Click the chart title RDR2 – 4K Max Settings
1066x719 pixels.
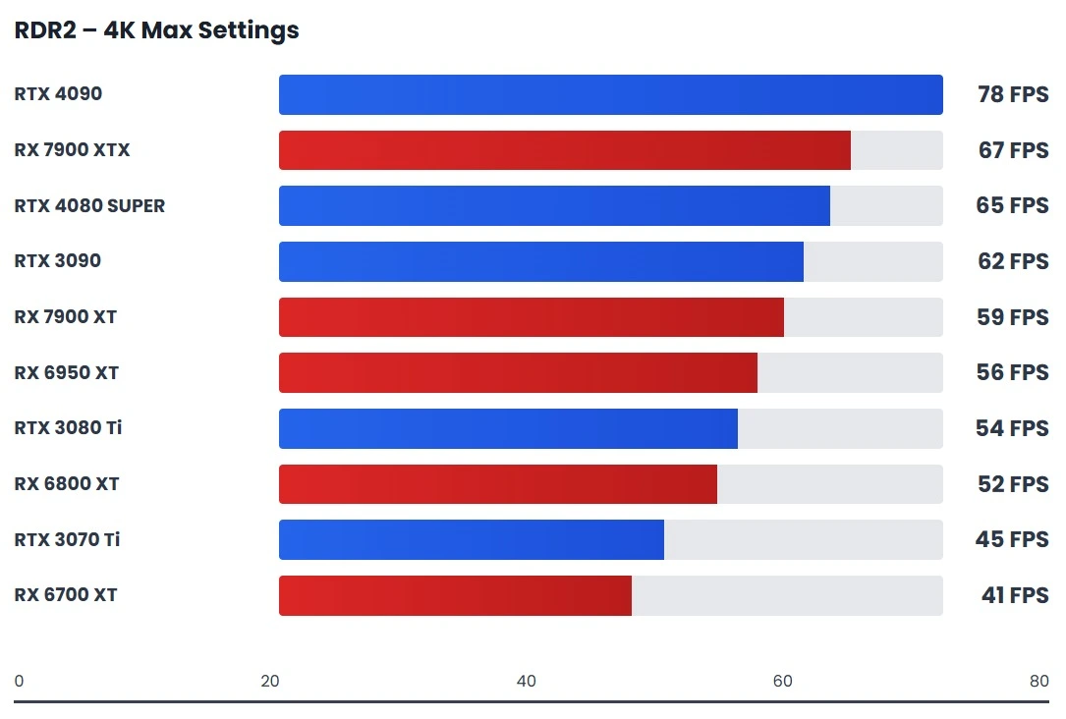click(x=156, y=30)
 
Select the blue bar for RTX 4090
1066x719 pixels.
click(x=610, y=95)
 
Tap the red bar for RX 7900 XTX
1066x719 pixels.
click(x=564, y=150)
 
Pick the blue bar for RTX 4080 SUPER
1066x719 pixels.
click(x=554, y=206)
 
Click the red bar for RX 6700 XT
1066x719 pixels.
click(x=455, y=595)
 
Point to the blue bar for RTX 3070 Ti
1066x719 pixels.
click(x=471, y=540)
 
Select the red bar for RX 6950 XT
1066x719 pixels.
click(x=518, y=373)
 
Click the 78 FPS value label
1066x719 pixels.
click(x=1012, y=95)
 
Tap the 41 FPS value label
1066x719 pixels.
click(x=1014, y=595)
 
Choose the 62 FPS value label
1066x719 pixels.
click(x=1012, y=261)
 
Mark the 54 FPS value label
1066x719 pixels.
click(x=1012, y=428)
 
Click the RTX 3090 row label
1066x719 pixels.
click(x=58, y=261)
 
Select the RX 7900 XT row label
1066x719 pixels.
click(x=66, y=317)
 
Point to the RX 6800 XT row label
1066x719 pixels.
click(x=67, y=484)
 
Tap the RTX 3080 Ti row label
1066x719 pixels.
click(x=68, y=428)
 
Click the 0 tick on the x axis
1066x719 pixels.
click(x=19, y=682)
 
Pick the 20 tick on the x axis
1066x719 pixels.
click(x=270, y=682)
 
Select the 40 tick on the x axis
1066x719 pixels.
click(x=527, y=682)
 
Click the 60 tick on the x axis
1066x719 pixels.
click(x=783, y=682)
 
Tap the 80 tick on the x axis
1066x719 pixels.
click(x=1038, y=682)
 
